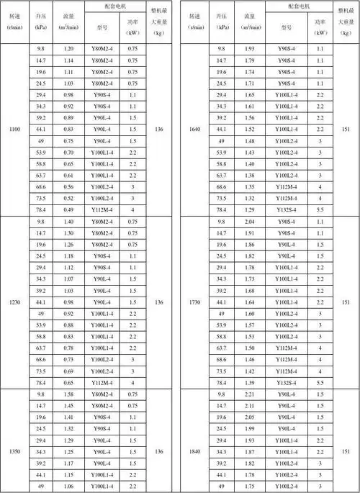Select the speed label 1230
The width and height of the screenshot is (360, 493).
[x=14, y=302]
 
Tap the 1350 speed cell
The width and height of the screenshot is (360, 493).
[x=14, y=451]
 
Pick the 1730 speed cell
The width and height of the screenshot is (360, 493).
[x=197, y=302]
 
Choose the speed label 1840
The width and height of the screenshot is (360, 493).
[x=197, y=451]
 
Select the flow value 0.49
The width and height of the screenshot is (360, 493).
[x=69, y=209]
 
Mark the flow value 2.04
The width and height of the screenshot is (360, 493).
[x=251, y=222]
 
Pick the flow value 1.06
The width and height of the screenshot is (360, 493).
[x=69, y=487]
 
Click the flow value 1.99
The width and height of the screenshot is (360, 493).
[x=251, y=429]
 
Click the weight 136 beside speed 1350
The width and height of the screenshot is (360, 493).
[x=159, y=451]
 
